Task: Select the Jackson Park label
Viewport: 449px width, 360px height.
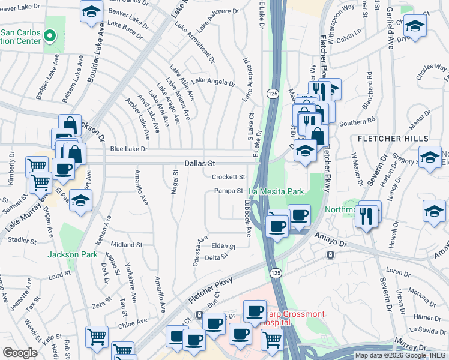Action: (73, 254)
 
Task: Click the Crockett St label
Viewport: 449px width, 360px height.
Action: (229, 177)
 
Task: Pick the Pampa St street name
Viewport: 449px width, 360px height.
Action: (228, 191)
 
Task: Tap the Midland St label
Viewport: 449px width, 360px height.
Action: (126, 245)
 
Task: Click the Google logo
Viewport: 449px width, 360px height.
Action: (20, 353)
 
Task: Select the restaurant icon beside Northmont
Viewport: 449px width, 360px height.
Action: (366, 215)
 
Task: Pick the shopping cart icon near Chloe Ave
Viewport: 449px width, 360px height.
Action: (97, 337)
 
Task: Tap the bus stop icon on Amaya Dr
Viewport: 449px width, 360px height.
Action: (330, 254)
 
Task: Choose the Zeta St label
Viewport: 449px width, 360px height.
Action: (99, 305)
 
